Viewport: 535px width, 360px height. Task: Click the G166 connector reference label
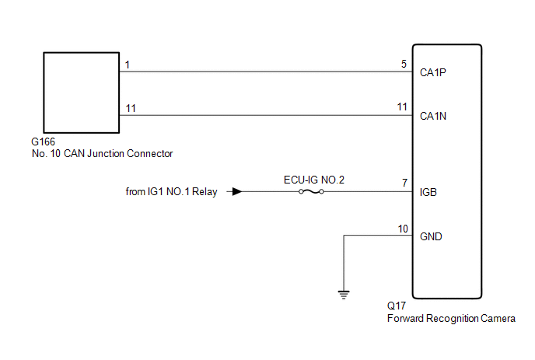coord(43,142)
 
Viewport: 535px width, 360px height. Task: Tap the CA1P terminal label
coord(432,72)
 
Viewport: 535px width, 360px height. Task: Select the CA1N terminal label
coord(433,116)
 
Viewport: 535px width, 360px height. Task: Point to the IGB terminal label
coord(428,192)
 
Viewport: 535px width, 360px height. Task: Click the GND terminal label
coord(431,236)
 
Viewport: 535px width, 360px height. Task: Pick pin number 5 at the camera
coord(404,64)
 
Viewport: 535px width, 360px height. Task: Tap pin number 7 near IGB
coord(404,183)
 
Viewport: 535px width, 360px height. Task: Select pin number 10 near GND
coord(403,229)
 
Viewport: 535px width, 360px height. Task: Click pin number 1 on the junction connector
coord(128,65)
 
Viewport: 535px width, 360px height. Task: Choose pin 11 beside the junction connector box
coord(131,108)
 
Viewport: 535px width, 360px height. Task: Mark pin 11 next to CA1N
coord(402,107)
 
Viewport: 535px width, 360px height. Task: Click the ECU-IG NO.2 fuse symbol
coord(311,191)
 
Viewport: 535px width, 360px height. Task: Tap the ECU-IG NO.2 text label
coord(314,180)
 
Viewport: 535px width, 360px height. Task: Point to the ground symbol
coord(344,295)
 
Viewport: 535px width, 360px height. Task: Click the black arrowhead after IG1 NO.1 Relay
coord(237,191)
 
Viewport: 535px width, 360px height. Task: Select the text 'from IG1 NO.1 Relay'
coord(171,192)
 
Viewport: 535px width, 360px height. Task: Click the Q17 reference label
coord(397,306)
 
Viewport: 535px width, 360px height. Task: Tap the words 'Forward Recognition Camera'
coord(451,318)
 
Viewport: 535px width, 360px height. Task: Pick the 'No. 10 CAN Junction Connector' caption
coord(102,153)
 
